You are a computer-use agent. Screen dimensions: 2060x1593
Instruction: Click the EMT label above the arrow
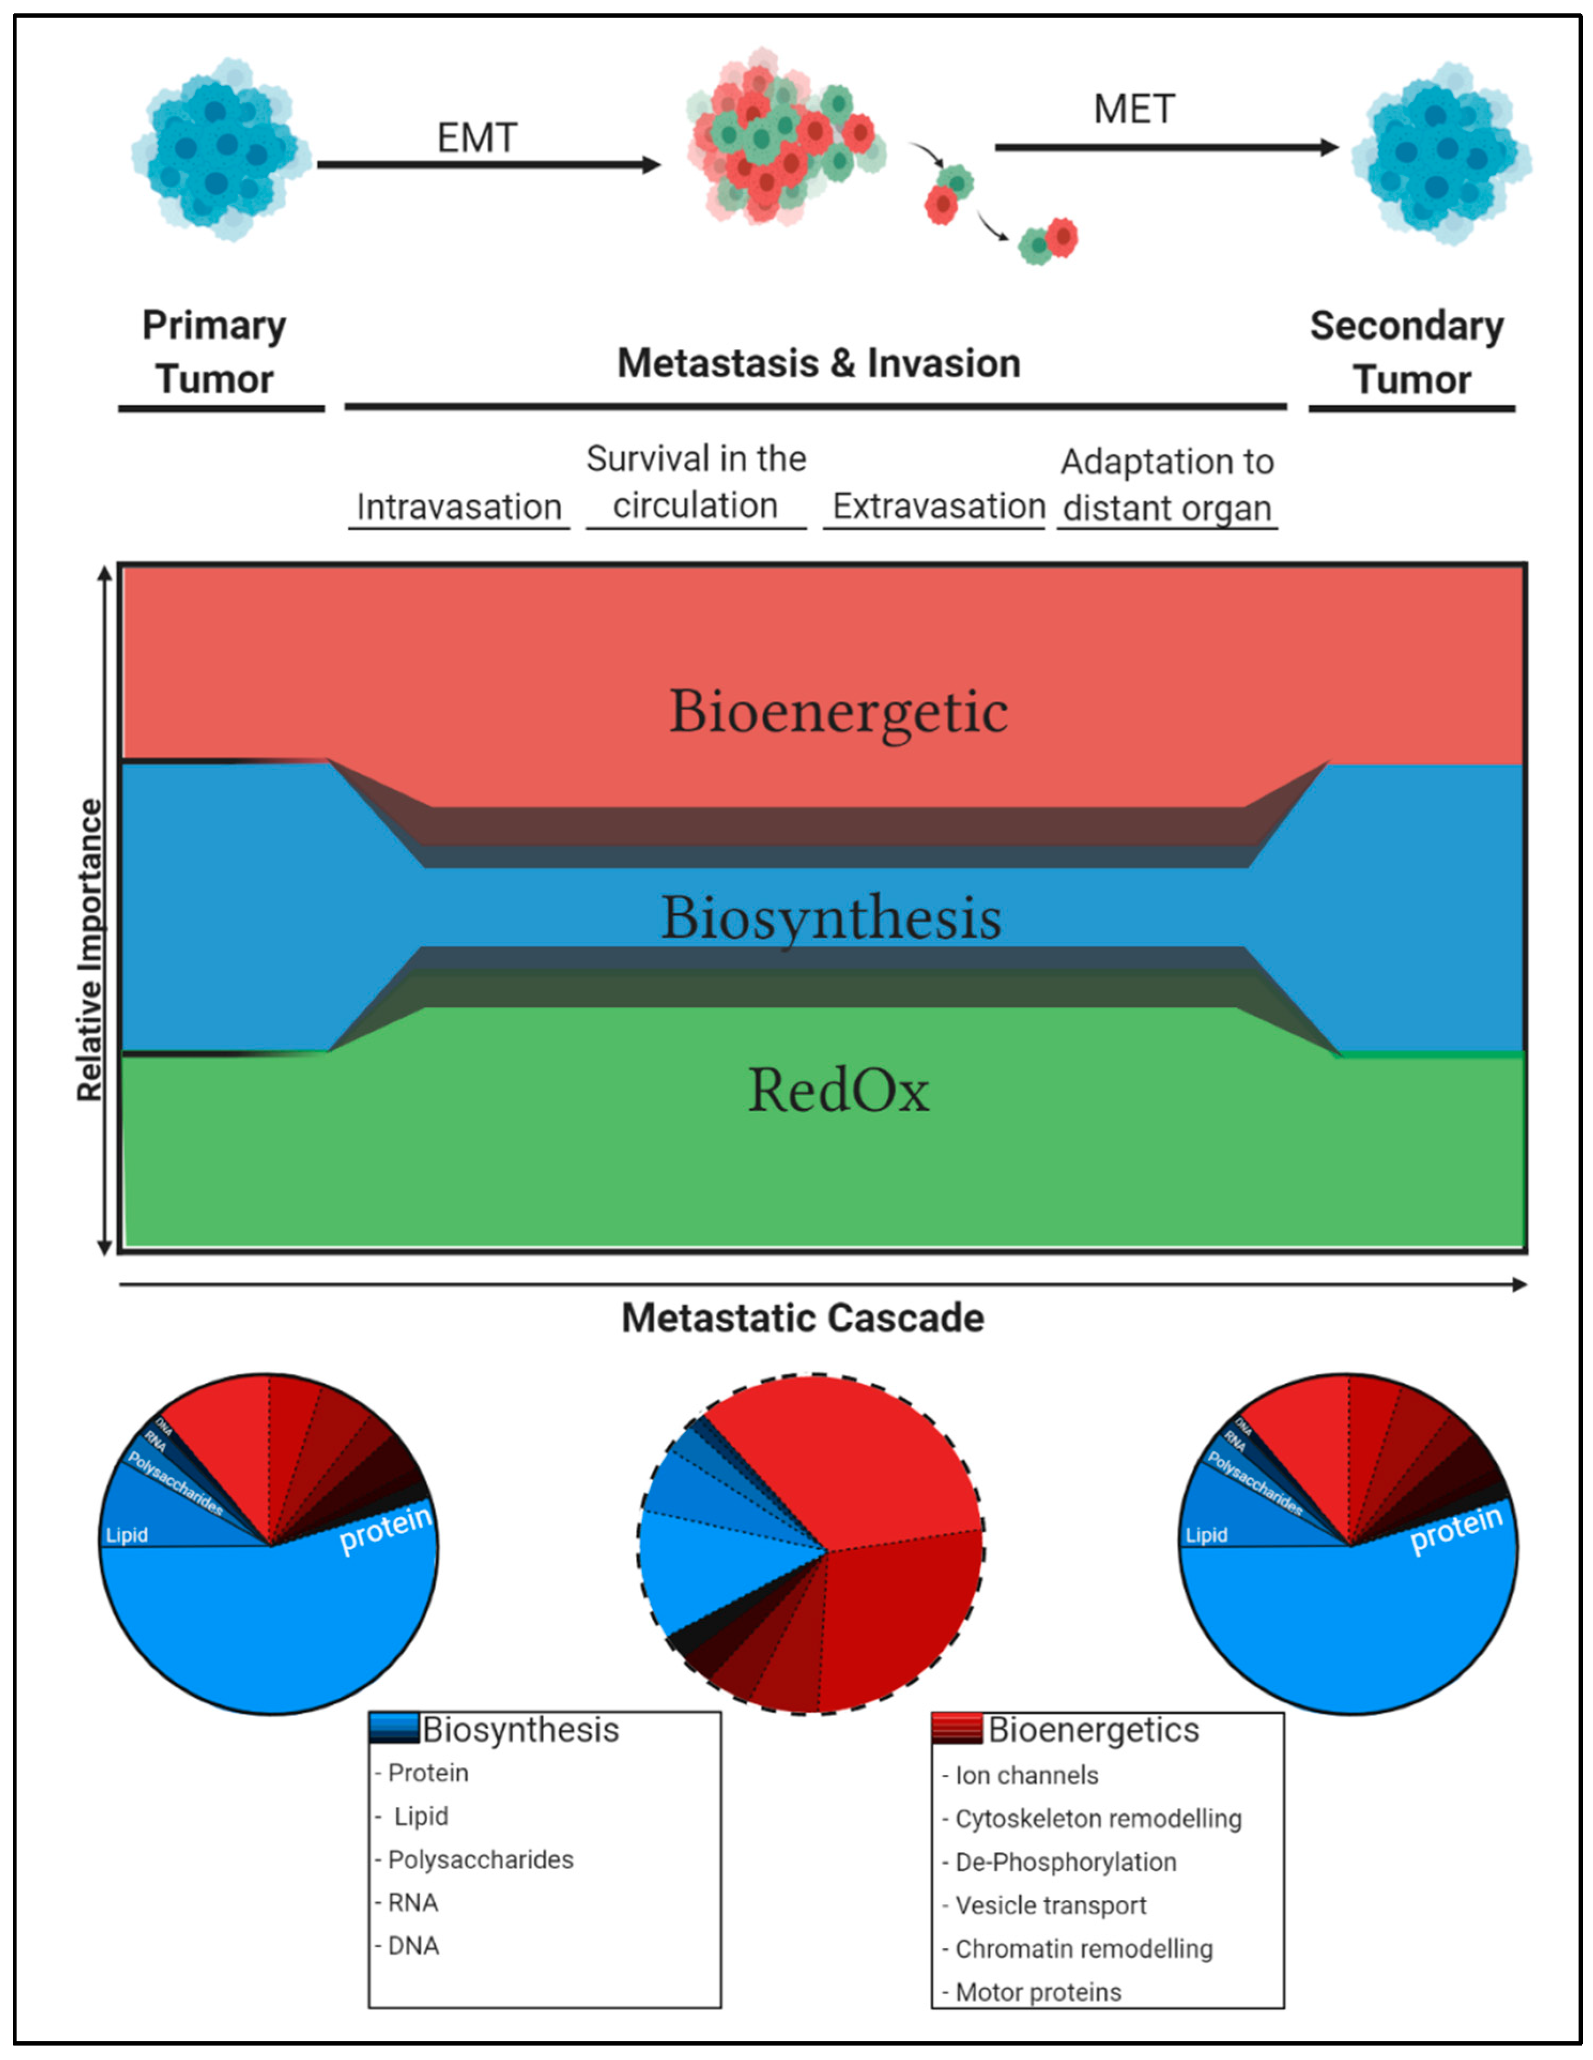click(476, 139)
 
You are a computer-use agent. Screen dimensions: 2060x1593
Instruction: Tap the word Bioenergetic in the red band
click(837, 711)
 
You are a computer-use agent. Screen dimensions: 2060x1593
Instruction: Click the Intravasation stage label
click(458, 508)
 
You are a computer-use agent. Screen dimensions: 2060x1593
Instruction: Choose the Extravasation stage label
click(938, 507)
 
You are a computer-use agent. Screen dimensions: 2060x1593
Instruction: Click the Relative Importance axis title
click(90, 950)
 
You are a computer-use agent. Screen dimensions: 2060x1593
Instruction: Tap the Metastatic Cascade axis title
click(803, 1318)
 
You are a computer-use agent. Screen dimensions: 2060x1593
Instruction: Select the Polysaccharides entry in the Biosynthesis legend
click(480, 1859)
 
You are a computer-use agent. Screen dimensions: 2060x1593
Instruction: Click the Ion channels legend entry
click(1026, 1775)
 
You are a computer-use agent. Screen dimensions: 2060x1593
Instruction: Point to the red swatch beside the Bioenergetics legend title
click(956, 1728)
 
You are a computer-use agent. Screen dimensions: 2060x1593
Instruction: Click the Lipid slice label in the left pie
click(126, 1535)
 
